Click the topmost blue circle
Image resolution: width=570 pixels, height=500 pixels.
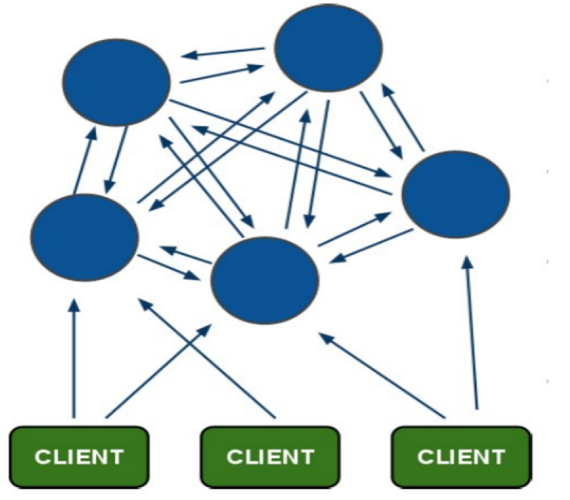coord(328,48)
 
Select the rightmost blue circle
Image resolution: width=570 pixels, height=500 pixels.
coord(455,194)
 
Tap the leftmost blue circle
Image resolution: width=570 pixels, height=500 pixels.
coord(84,238)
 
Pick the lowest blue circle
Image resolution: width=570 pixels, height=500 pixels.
coord(265,280)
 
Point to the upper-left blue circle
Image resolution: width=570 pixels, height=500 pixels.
coord(116,83)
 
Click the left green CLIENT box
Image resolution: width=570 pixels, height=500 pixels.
coord(79,457)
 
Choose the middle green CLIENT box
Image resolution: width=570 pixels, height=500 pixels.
coord(270,457)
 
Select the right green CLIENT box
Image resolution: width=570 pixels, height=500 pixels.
coord(462,457)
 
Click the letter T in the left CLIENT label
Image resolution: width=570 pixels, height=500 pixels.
coord(116,457)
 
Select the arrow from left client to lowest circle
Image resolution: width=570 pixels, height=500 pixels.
coord(158,371)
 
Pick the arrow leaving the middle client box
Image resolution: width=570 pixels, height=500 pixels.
coord(207,358)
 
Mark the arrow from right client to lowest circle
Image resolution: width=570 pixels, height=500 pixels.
coord(382,375)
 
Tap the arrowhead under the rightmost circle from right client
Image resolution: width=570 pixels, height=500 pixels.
coord(469,262)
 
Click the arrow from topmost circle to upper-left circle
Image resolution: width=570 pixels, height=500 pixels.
coord(223,52)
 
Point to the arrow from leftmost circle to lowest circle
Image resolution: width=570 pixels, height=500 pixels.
coord(169,267)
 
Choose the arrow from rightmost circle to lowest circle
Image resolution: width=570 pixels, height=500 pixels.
coord(371,245)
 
